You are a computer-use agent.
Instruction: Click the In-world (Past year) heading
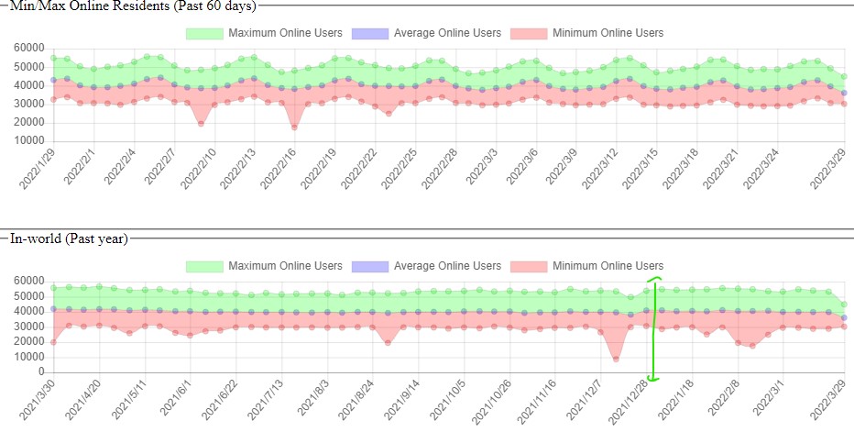click(70, 239)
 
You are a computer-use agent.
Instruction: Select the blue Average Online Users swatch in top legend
click(369, 33)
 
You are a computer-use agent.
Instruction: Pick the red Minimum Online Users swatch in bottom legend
click(528, 266)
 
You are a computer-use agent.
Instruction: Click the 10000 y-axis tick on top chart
click(31, 141)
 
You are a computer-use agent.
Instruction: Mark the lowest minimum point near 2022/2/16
click(294, 127)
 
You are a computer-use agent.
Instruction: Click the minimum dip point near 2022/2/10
click(202, 123)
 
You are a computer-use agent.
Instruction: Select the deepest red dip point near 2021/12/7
click(616, 360)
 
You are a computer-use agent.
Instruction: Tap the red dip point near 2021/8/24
click(389, 343)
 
